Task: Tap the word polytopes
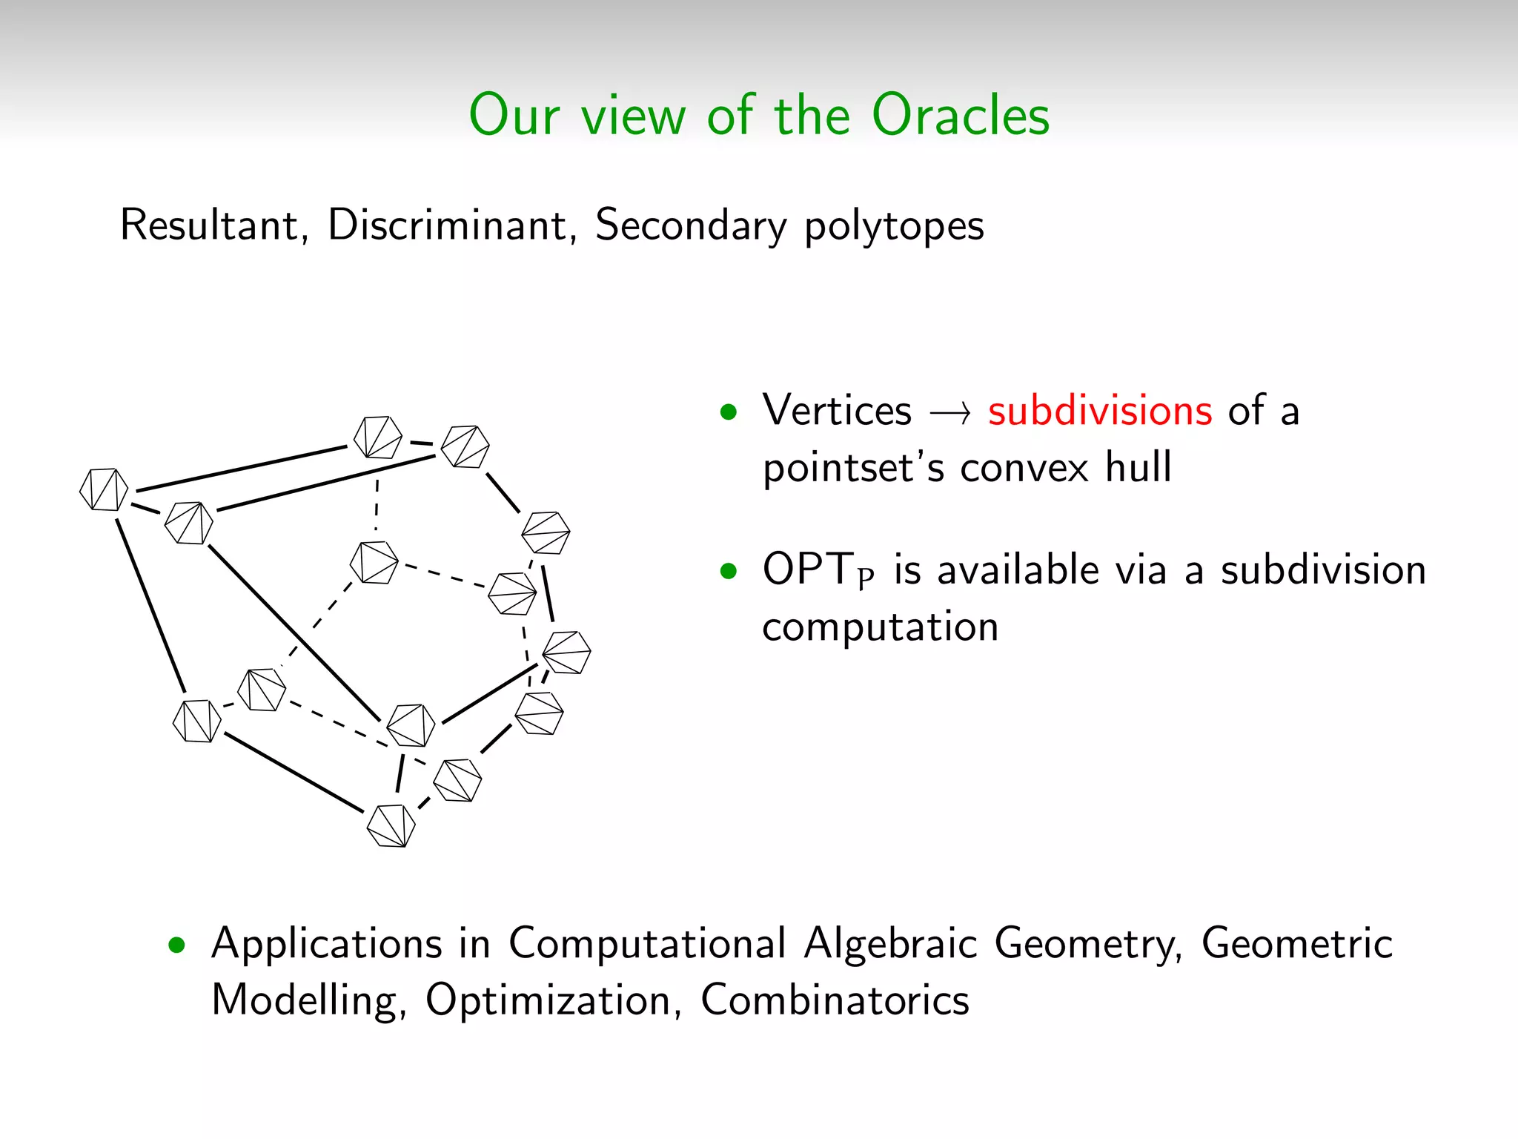click(x=894, y=226)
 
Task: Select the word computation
click(x=880, y=627)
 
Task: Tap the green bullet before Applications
click(x=176, y=945)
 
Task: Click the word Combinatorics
click(x=835, y=1000)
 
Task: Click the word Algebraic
click(x=890, y=943)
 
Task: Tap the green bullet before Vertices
click(x=729, y=412)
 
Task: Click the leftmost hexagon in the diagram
click(x=104, y=489)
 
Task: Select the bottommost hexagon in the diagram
click(x=391, y=826)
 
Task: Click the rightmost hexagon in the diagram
click(x=566, y=653)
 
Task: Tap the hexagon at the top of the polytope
click(x=378, y=438)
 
